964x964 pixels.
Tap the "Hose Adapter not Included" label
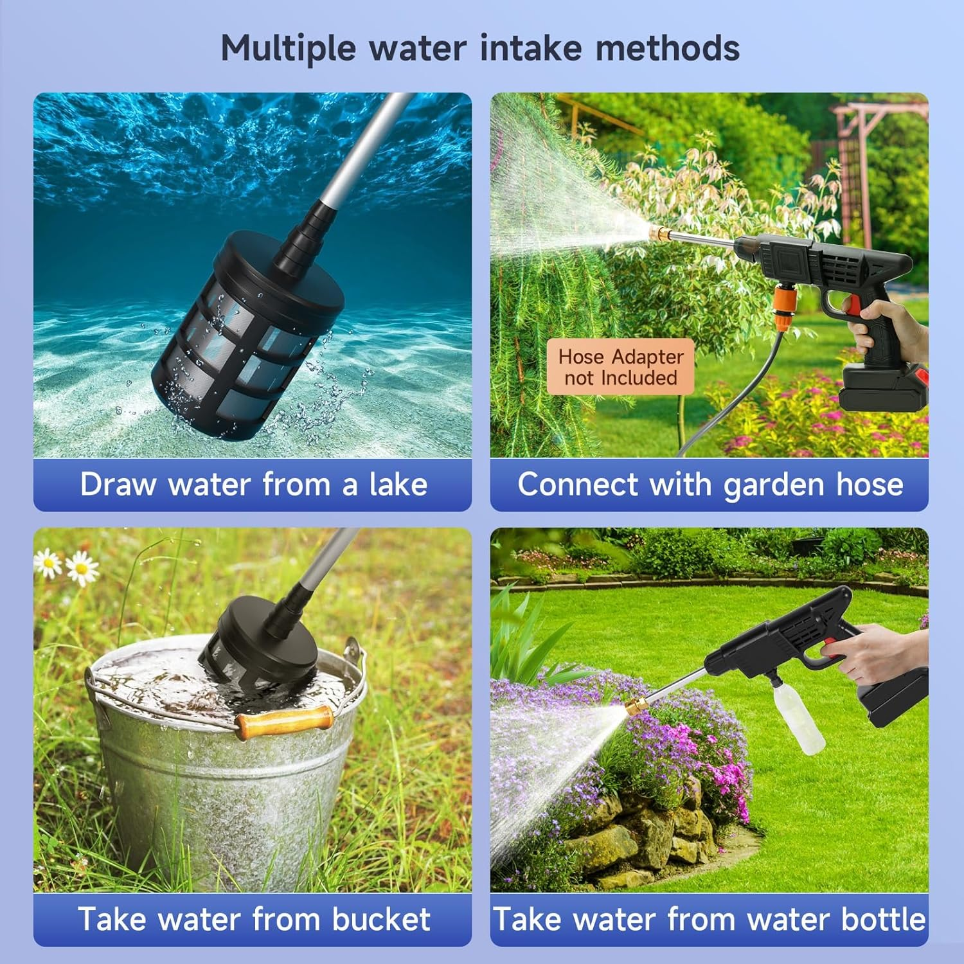pos(620,367)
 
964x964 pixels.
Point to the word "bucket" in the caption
pos(380,919)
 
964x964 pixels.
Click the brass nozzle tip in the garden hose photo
pos(658,233)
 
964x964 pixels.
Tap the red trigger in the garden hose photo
pos(851,306)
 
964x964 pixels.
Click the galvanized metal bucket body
pos(219,803)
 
